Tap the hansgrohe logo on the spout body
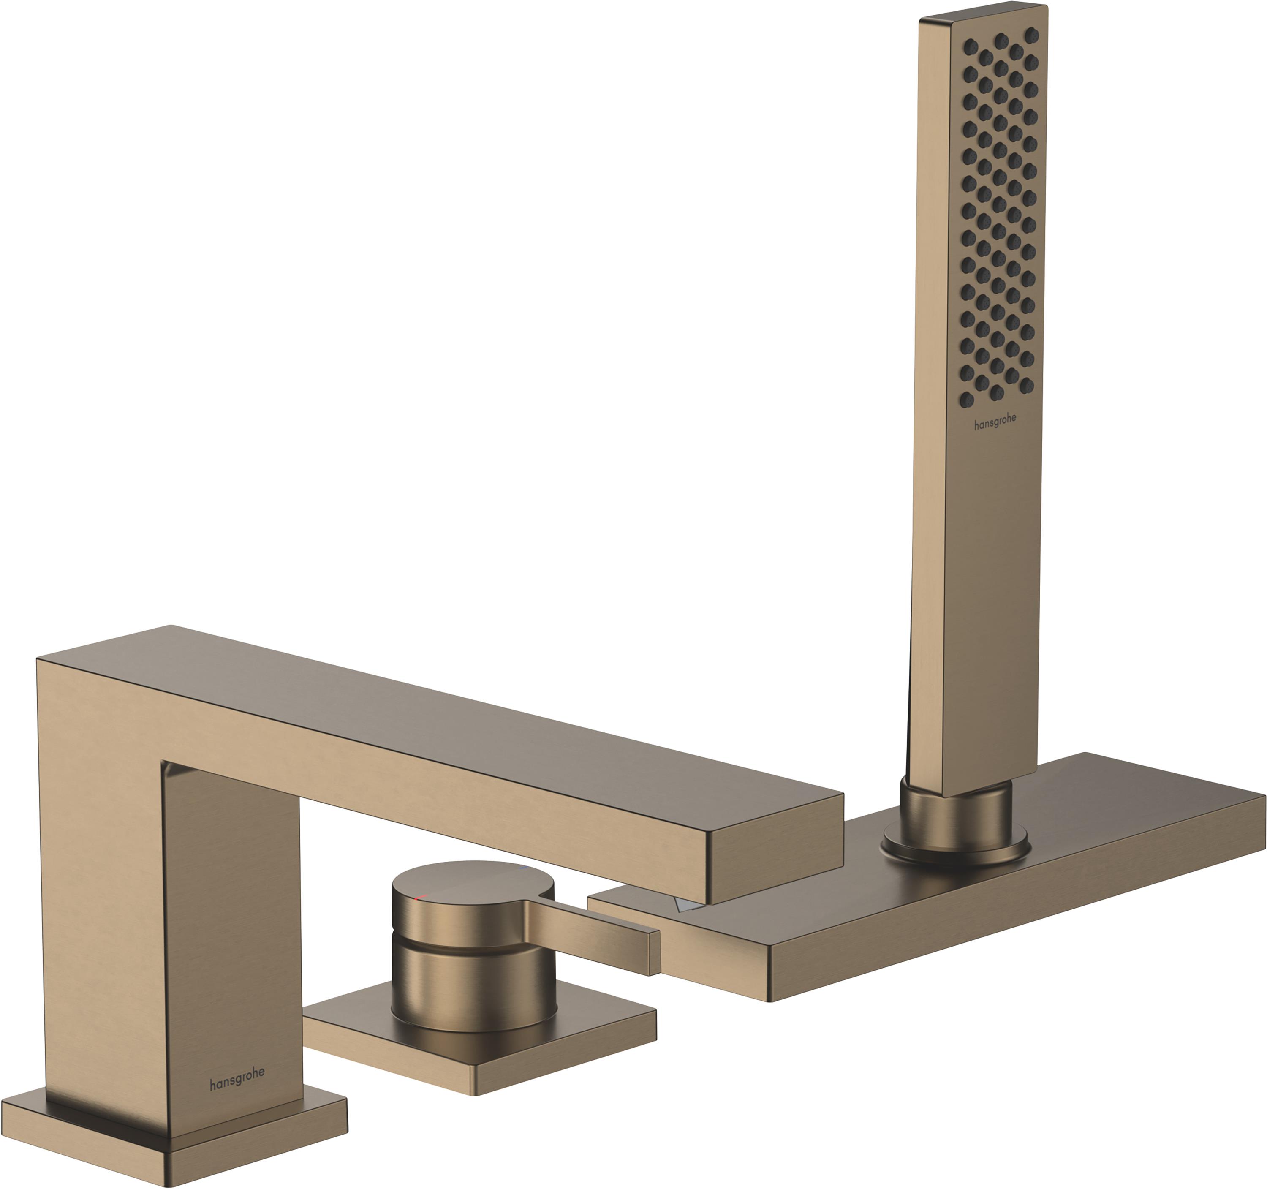tap(237, 1078)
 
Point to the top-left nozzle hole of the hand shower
tap(970, 46)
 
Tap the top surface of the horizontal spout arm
tap(446, 707)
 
